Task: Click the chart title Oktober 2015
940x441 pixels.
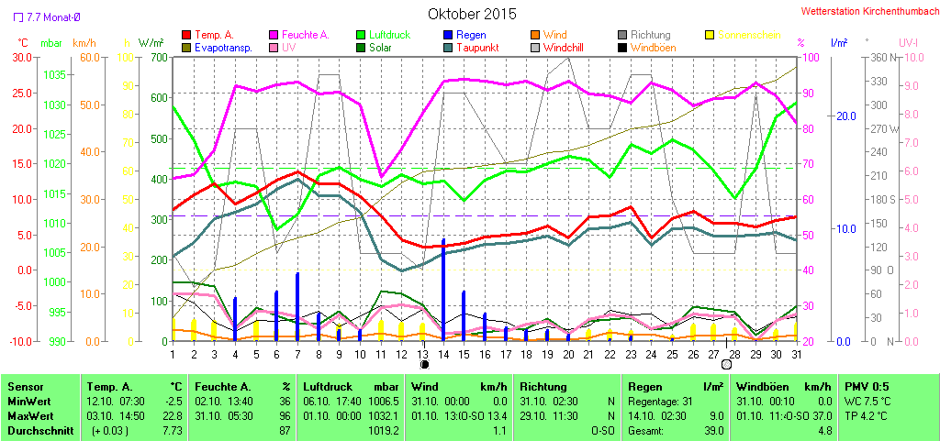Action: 472,15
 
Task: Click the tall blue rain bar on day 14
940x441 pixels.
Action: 443,289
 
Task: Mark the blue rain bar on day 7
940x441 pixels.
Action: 297,307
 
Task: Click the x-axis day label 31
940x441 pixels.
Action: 796,352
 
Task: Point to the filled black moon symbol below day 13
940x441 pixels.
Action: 424,364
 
